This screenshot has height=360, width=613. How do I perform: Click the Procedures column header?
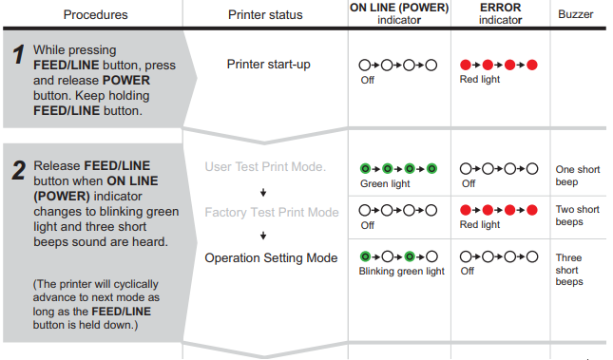click(95, 15)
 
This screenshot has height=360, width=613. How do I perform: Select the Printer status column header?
click(265, 15)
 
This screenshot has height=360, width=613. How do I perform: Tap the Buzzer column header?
click(576, 14)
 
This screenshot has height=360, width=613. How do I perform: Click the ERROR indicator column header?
click(501, 13)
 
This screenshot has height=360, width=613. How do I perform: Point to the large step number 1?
click(18, 54)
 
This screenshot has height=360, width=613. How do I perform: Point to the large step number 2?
click(18, 170)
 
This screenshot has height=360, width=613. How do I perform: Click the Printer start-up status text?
click(269, 64)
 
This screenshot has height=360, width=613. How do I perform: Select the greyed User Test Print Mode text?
click(265, 167)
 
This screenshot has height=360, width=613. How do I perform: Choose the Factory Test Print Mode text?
click(272, 212)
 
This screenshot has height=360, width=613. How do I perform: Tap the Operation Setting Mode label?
click(271, 258)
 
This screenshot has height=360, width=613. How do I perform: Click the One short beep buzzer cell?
click(578, 176)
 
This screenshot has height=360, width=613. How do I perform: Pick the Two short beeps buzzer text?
click(578, 216)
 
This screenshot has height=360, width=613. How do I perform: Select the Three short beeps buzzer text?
click(569, 270)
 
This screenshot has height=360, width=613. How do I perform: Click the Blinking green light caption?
click(401, 272)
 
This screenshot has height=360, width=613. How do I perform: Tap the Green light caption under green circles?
click(385, 183)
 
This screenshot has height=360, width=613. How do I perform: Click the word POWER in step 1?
click(126, 80)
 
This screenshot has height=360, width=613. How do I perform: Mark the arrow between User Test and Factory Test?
click(263, 192)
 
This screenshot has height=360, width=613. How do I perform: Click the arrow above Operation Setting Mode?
click(263, 236)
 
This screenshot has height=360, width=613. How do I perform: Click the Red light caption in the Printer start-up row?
click(480, 80)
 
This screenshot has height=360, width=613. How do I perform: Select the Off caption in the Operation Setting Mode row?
click(468, 271)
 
